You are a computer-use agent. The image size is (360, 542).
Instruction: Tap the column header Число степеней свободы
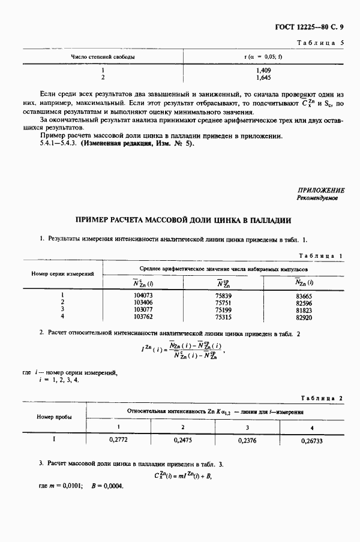[x=103, y=57]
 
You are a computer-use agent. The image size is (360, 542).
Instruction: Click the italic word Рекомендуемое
[x=317, y=197]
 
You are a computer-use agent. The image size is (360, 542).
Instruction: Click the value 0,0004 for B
[x=112, y=486]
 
